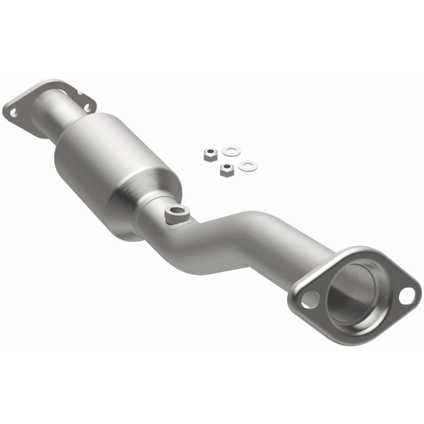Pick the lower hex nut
[x=227, y=170]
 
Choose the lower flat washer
[x=248, y=166]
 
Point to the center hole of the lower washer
[x=248, y=166]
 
